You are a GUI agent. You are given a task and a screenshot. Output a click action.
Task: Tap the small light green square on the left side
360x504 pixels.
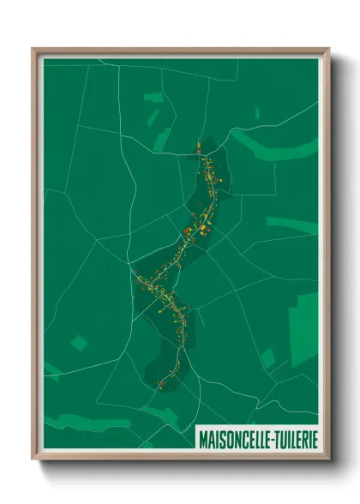tap(79, 344)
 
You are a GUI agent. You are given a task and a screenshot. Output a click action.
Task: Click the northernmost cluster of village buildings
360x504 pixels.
tap(203, 153)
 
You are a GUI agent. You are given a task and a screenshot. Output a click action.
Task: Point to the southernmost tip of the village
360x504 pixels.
tap(160, 386)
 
